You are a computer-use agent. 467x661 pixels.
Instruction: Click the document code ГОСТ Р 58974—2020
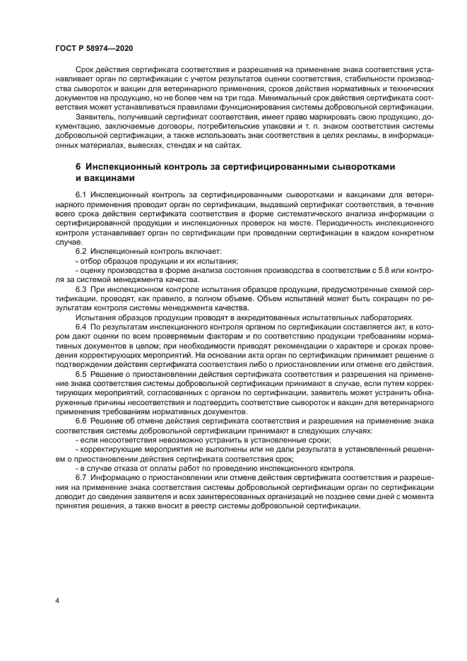click(93, 47)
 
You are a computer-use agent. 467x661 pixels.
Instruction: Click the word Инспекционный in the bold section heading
click(122, 165)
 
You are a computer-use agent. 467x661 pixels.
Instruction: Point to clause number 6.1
click(81, 193)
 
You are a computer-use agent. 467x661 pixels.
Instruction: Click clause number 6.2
click(81, 251)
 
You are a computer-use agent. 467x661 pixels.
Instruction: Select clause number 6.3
click(81, 290)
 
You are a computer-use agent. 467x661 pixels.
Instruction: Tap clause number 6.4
click(81, 327)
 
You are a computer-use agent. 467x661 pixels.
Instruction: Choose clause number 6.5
click(81, 373)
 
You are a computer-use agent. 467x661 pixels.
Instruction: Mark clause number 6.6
click(81, 420)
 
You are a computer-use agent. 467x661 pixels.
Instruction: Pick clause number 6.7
click(81, 477)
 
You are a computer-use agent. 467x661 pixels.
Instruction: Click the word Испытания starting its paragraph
click(97, 317)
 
